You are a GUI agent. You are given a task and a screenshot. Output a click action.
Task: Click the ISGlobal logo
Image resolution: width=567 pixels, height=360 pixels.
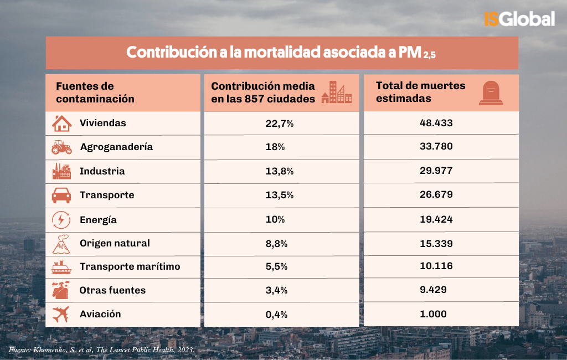519,19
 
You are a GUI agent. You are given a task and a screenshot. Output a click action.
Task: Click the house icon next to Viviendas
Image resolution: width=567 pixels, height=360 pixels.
61,123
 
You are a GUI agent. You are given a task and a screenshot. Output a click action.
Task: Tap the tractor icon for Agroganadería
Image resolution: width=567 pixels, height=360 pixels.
61,147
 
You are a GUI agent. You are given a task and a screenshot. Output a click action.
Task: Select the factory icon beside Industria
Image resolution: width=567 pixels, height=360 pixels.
61,171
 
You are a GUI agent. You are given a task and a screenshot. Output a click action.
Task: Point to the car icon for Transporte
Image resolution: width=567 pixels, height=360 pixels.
61,195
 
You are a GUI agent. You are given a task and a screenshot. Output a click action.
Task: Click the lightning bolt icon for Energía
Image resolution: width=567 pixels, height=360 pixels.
61,220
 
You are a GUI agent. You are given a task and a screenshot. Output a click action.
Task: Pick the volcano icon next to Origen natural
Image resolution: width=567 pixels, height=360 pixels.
61,244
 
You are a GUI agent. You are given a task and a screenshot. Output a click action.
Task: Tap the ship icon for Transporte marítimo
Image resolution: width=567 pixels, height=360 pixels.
61,267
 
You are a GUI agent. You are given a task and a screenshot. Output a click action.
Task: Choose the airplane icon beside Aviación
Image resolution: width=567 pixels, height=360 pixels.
61,314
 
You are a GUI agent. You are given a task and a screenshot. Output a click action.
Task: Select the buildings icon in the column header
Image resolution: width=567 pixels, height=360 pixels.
337,92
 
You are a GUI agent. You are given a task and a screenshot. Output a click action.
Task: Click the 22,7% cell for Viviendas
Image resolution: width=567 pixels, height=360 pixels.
279,124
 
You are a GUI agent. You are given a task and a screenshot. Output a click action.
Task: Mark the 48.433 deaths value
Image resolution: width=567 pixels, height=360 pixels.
436,123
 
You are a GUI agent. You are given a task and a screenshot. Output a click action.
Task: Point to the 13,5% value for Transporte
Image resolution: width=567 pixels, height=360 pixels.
279,196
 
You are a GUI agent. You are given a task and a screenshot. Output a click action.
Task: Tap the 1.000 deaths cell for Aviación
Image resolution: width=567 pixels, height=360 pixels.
436,314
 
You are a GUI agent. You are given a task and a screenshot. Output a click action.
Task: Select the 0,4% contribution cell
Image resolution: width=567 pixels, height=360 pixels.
279,315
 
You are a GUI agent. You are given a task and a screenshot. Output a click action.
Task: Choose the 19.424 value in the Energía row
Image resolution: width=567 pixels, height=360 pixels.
436,219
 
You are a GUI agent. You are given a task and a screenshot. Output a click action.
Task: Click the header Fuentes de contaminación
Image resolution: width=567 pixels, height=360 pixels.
95,92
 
